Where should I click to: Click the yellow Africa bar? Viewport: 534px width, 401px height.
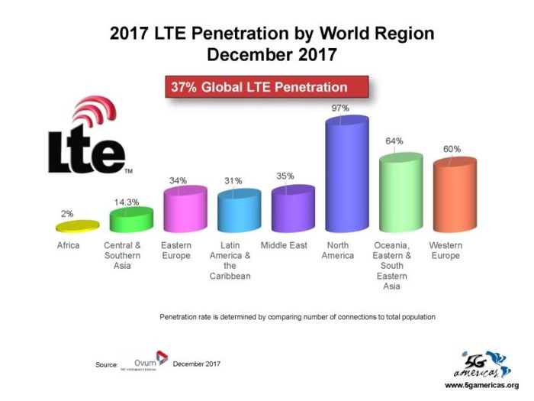(77, 225)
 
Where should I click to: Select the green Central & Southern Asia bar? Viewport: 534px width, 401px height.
(131, 220)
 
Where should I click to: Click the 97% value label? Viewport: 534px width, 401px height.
(340, 108)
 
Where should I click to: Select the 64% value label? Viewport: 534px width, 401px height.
(394, 141)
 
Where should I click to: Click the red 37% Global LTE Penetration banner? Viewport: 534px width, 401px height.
(267, 87)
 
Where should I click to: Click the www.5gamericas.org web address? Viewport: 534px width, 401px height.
(481, 385)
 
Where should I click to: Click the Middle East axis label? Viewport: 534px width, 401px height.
(284, 245)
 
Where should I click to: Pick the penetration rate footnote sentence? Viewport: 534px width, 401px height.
(298, 316)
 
